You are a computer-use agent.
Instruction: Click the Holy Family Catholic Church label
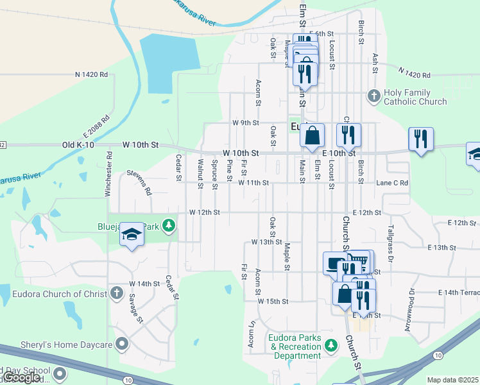415,97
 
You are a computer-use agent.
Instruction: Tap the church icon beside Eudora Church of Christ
116,293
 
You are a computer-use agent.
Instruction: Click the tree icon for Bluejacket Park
168,226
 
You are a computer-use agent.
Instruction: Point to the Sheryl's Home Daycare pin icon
119,345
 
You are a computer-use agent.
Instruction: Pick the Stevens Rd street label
139,182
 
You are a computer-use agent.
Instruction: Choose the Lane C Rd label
392,183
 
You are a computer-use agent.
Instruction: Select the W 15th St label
273,301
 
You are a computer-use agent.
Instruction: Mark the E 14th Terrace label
459,293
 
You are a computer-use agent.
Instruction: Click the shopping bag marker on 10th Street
312,136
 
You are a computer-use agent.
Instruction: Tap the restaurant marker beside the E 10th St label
348,134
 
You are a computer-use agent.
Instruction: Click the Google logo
22,377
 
